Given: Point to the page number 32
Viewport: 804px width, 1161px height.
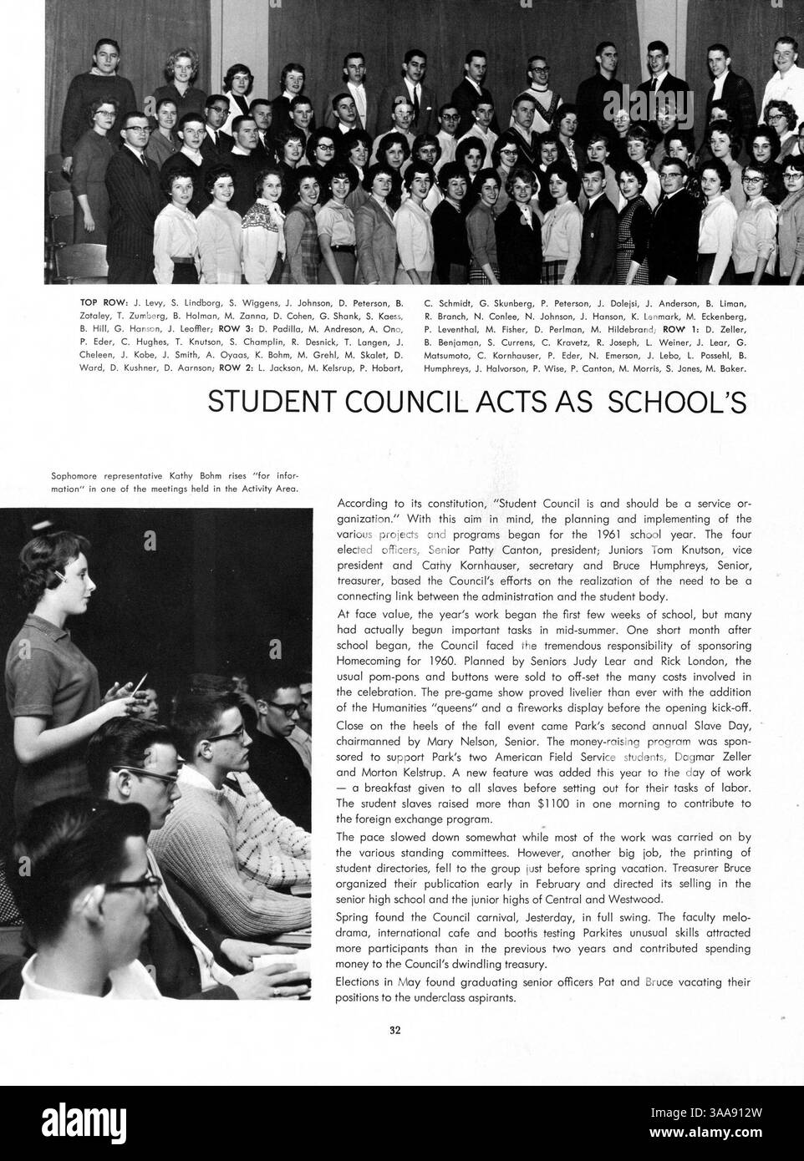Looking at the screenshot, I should [x=395, y=1030].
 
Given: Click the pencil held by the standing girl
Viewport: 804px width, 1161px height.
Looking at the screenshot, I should [x=137, y=687].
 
